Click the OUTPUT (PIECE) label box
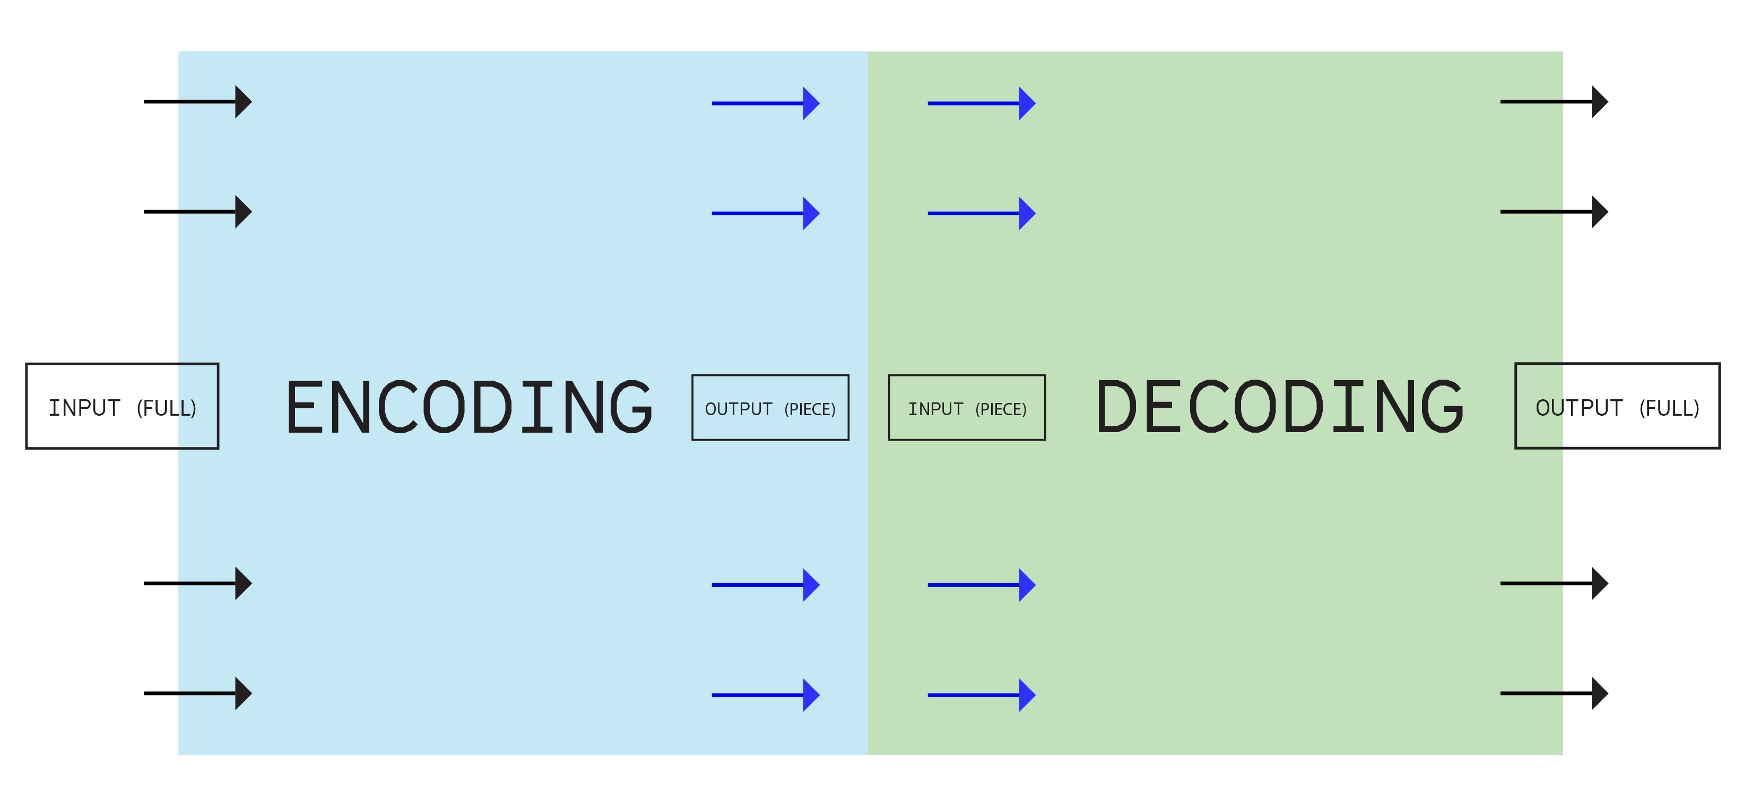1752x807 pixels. (x=770, y=408)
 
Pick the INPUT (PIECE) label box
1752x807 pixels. (x=966, y=408)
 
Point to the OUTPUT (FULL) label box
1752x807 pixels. (x=1617, y=407)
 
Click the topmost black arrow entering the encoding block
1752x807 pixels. (x=214, y=102)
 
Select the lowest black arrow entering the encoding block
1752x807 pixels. (x=214, y=694)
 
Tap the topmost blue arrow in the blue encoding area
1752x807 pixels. (x=765, y=103)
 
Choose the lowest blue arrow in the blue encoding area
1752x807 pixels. (x=765, y=695)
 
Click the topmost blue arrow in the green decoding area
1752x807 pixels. (x=982, y=103)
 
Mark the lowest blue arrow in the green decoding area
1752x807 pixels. (x=982, y=695)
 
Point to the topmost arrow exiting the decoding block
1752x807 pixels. (x=1554, y=102)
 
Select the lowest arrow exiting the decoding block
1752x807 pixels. (x=1554, y=694)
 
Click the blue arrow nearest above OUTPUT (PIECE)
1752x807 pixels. (x=765, y=214)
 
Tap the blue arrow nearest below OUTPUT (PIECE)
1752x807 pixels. (x=765, y=585)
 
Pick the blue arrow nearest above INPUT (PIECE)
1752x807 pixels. (x=982, y=214)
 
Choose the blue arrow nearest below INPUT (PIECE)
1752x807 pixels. (x=982, y=585)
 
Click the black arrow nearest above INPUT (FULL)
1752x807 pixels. (x=214, y=212)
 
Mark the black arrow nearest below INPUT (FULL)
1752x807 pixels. (x=214, y=583)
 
